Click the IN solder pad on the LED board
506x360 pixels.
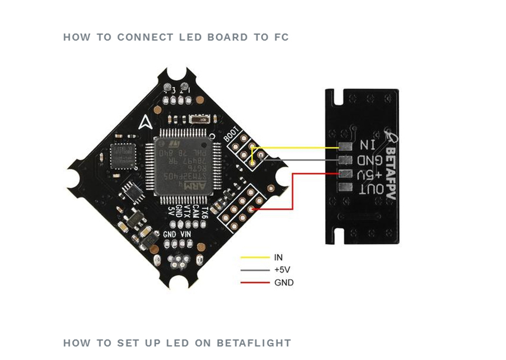[346, 147]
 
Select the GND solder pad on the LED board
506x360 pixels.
[346, 160]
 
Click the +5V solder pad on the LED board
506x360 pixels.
[346, 174]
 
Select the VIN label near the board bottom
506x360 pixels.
[186, 235]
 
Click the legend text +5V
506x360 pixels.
[282, 270]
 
